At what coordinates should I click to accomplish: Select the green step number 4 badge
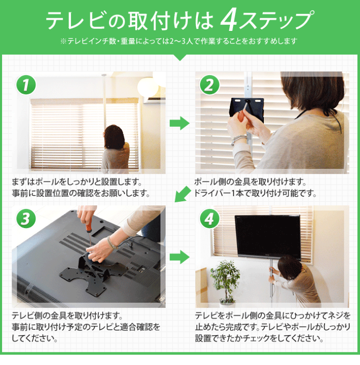tap(208, 218)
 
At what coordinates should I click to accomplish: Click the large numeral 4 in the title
tap(229, 20)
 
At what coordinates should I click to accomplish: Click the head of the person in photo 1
tap(112, 135)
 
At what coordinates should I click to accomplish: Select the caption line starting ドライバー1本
tap(256, 193)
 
